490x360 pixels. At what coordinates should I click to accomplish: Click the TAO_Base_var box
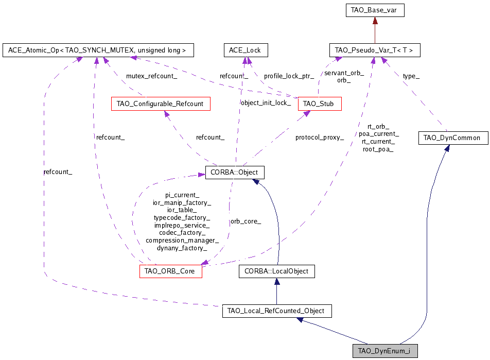coord(374,10)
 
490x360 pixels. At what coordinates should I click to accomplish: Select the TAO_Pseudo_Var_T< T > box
coord(374,50)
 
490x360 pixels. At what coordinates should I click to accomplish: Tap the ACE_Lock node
coord(246,50)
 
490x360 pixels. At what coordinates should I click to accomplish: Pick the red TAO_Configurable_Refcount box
coord(160,104)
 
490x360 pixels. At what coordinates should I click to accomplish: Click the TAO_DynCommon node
coord(452,138)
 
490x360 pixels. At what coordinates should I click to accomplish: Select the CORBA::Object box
coord(235,172)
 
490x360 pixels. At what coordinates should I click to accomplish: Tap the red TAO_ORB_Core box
coord(170,271)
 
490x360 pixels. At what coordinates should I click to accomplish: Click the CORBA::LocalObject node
coord(276,271)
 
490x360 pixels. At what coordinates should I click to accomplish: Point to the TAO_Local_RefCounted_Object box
coord(276,311)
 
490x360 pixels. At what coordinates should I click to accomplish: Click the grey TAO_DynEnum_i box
coord(384,351)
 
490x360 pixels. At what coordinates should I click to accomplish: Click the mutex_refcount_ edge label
coord(152,76)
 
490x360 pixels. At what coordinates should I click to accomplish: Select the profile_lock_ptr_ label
coord(289,76)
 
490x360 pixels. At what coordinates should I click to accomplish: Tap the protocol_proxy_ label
coord(319,138)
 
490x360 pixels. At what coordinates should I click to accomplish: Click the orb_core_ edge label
coord(246,221)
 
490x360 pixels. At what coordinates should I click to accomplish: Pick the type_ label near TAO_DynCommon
coord(411,76)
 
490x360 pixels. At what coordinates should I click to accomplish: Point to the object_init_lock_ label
coord(266,102)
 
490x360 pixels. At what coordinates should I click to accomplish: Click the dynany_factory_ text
coord(182,248)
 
